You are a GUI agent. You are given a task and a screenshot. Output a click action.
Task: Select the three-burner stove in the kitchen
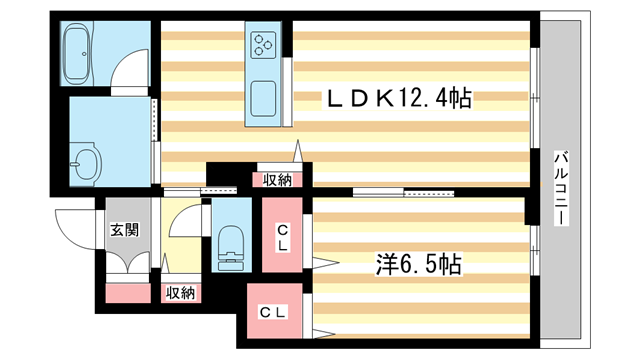coord(265,43)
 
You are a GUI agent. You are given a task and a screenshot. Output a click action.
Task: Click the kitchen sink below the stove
coord(265,100)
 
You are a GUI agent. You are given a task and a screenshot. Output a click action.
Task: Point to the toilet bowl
coord(232,246)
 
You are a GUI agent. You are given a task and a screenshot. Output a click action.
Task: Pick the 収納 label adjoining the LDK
coord(277,180)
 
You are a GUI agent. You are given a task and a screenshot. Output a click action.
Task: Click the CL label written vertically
coord(284,238)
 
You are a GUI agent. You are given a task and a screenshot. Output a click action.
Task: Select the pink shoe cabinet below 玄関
coord(127,294)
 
